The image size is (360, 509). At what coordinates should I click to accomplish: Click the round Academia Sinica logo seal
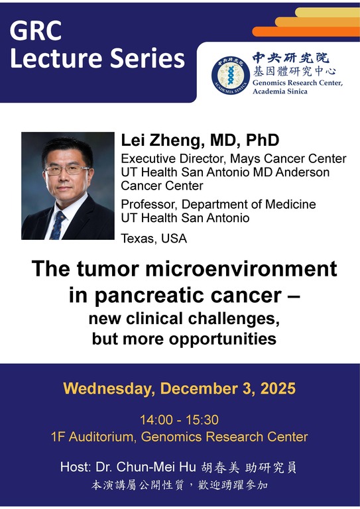(x=230, y=74)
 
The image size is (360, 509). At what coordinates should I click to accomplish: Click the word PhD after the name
(x=260, y=141)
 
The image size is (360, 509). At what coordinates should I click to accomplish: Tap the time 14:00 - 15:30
(x=179, y=420)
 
